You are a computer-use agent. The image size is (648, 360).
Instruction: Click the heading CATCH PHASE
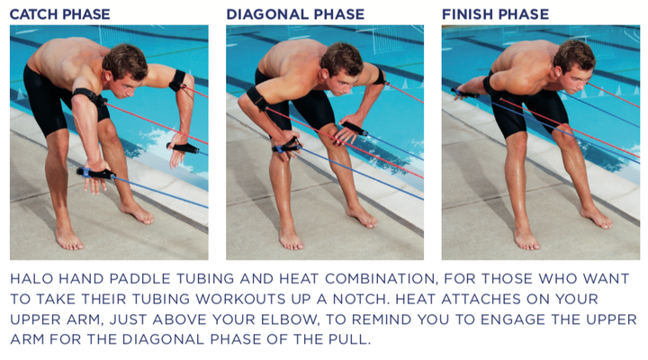pos(60,14)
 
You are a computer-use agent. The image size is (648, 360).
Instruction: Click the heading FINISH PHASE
pos(495,14)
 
